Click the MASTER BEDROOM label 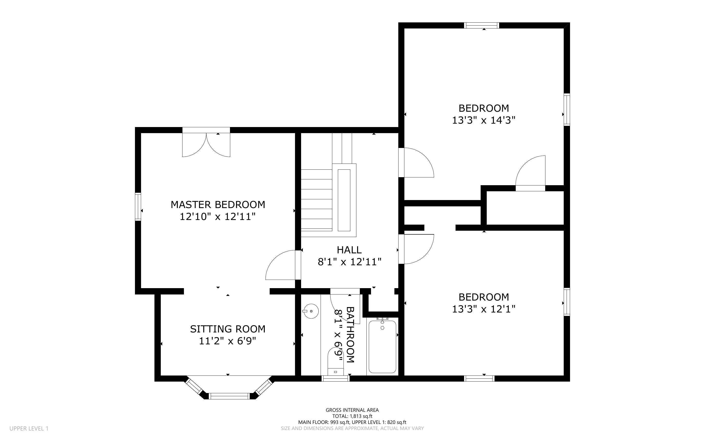click(x=218, y=205)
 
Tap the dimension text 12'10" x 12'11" click(x=218, y=217)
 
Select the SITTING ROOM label click(x=228, y=329)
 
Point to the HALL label click(x=349, y=250)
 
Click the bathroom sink click(x=311, y=311)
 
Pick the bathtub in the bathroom click(x=382, y=346)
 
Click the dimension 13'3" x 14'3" click(x=484, y=120)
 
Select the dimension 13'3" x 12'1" click(x=484, y=309)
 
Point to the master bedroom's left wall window click(x=138, y=207)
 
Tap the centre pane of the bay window click(x=229, y=396)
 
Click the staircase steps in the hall click(x=316, y=200)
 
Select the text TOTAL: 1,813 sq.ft click(x=352, y=416)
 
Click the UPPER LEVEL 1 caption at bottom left click(x=29, y=428)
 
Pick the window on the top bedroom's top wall click(x=482, y=25)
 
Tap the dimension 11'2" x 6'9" click(x=228, y=341)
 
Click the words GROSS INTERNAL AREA click(x=352, y=410)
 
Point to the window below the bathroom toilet click(x=335, y=378)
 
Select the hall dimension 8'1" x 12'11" click(x=349, y=262)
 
